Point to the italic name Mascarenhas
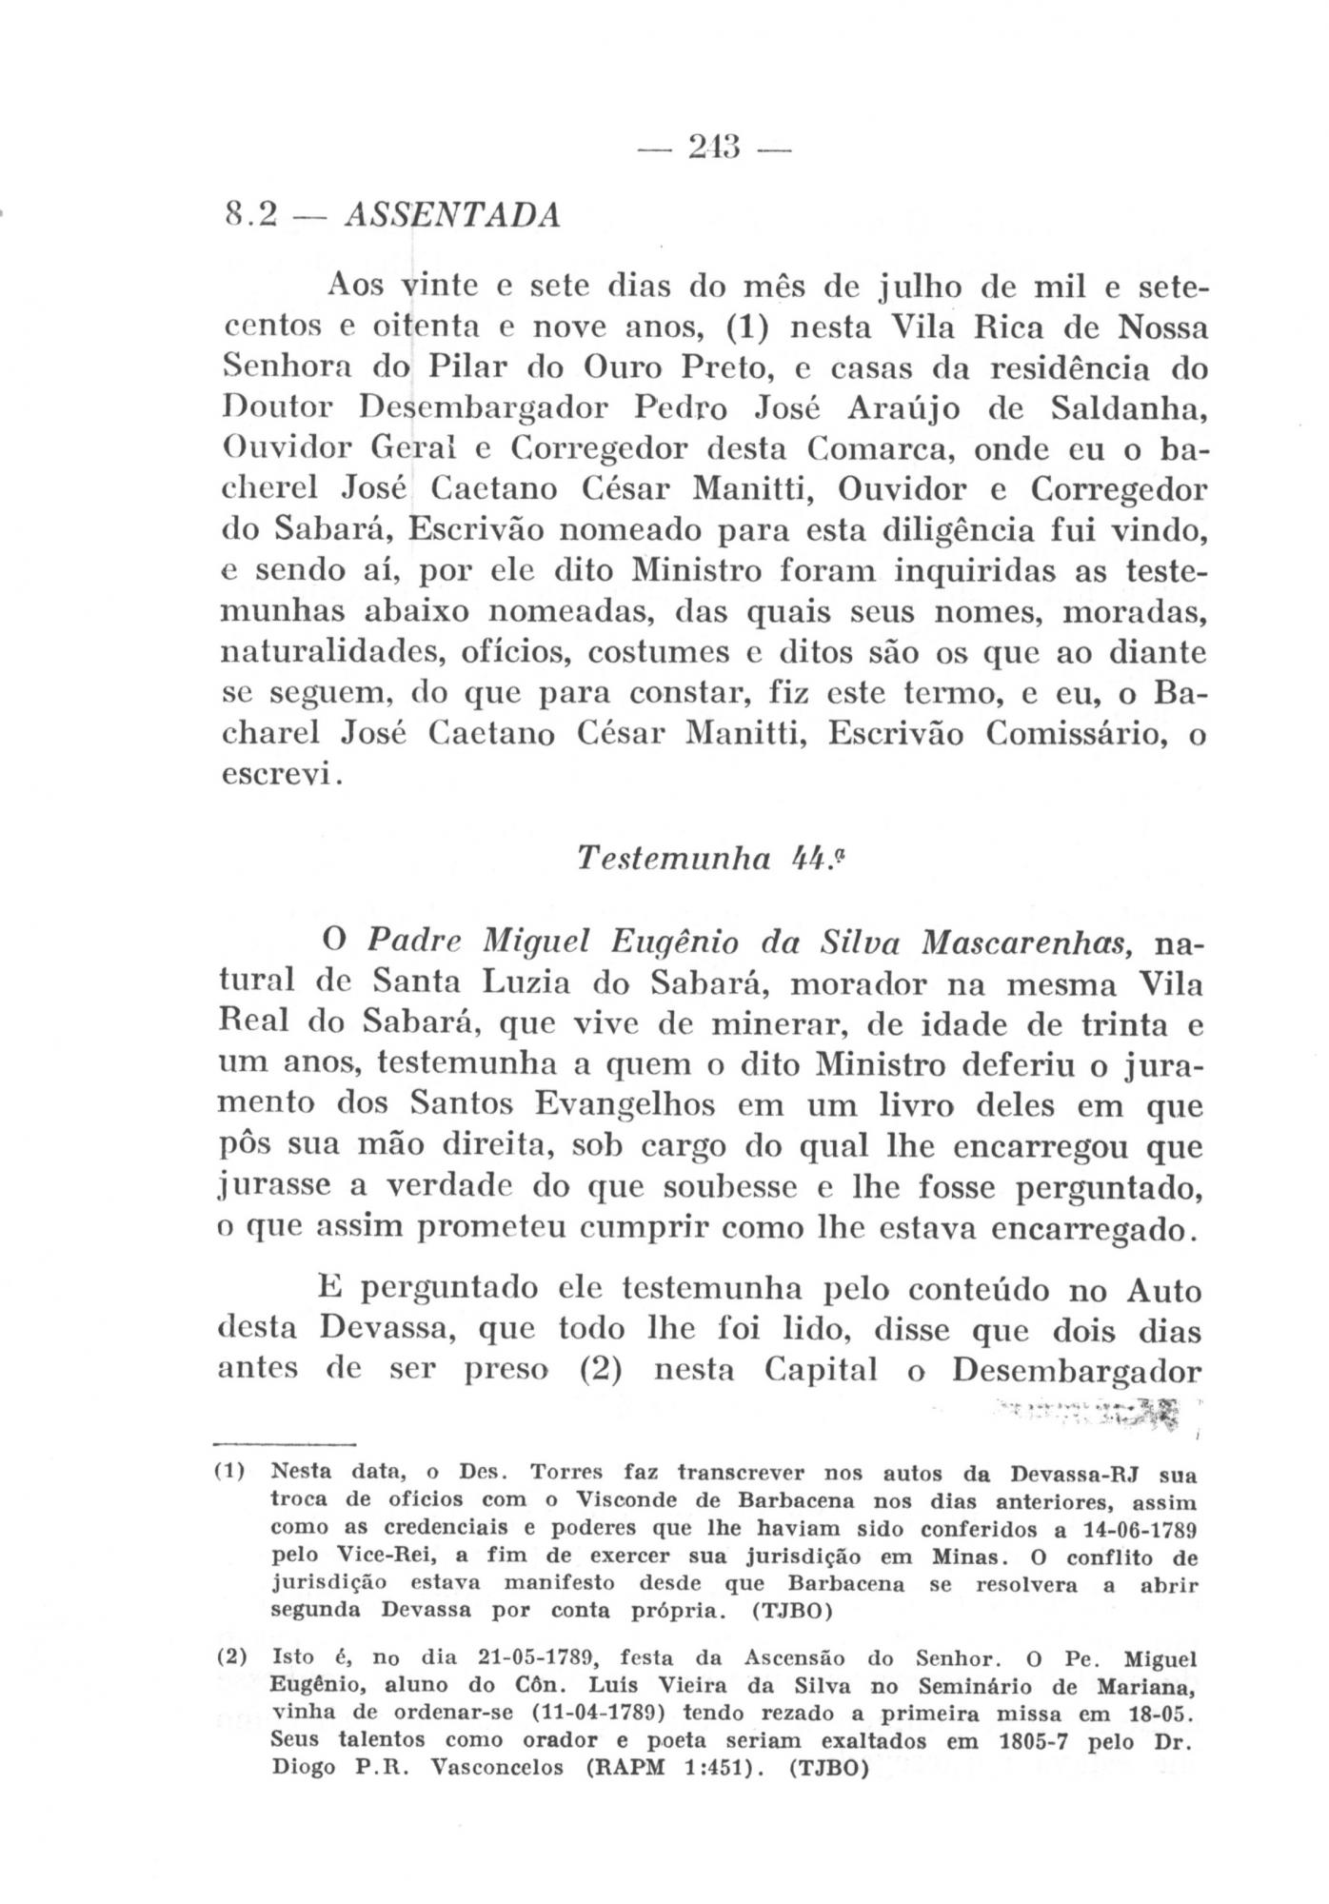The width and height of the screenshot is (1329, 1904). pyautogui.click(x=1028, y=943)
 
